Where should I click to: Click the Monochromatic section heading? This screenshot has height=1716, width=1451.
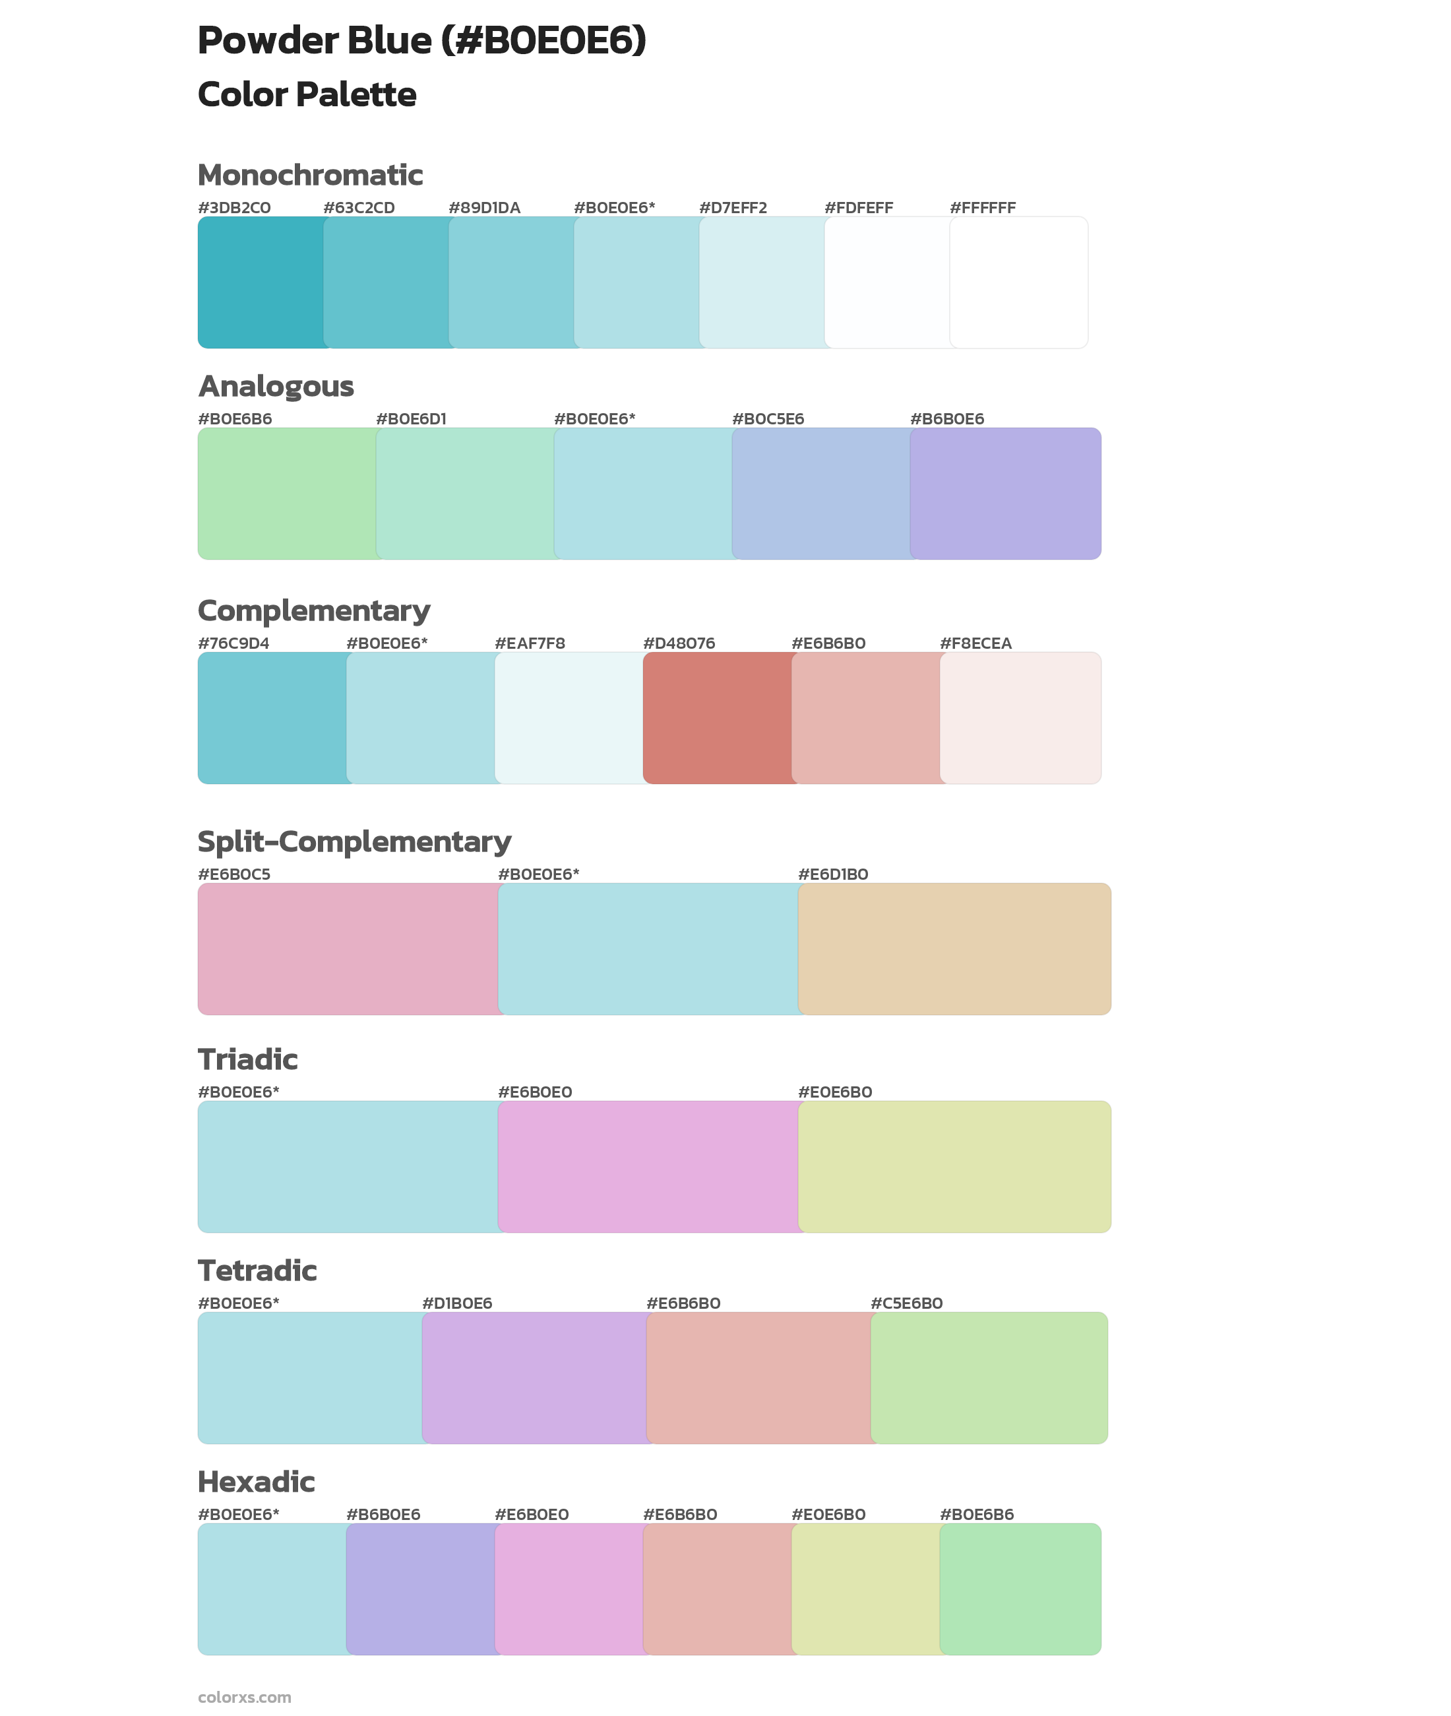(x=310, y=176)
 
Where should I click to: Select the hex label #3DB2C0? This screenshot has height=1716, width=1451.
(x=234, y=208)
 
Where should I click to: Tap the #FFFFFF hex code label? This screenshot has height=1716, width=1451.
(x=982, y=208)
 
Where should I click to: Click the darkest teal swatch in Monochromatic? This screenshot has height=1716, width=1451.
(x=261, y=282)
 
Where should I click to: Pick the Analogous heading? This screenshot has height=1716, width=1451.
(x=276, y=386)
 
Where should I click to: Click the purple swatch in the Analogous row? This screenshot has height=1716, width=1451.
(x=1005, y=493)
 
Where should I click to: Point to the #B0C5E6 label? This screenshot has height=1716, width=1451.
(x=768, y=419)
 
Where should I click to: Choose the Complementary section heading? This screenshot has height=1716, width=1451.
(x=313, y=610)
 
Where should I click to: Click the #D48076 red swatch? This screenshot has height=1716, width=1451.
(x=718, y=717)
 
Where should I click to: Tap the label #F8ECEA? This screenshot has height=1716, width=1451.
(x=975, y=643)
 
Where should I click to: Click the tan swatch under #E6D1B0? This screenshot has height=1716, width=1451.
(x=954, y=949)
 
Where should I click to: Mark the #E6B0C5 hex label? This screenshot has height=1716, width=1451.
(x=234, y=874)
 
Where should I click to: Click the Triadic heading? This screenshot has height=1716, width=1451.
(x=247, y=1059)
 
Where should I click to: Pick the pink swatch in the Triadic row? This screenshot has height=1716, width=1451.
(x=648, y=1166)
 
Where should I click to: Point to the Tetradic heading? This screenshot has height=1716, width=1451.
(x=257, y=1270)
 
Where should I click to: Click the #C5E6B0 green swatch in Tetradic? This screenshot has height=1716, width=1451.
(x=989, y=1377)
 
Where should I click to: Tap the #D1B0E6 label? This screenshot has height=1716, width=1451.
(x=456, y=1303)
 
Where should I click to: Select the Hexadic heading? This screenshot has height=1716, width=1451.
(x=257, y=1482)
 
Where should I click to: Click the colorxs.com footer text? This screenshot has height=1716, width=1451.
(x=244, y=1697)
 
